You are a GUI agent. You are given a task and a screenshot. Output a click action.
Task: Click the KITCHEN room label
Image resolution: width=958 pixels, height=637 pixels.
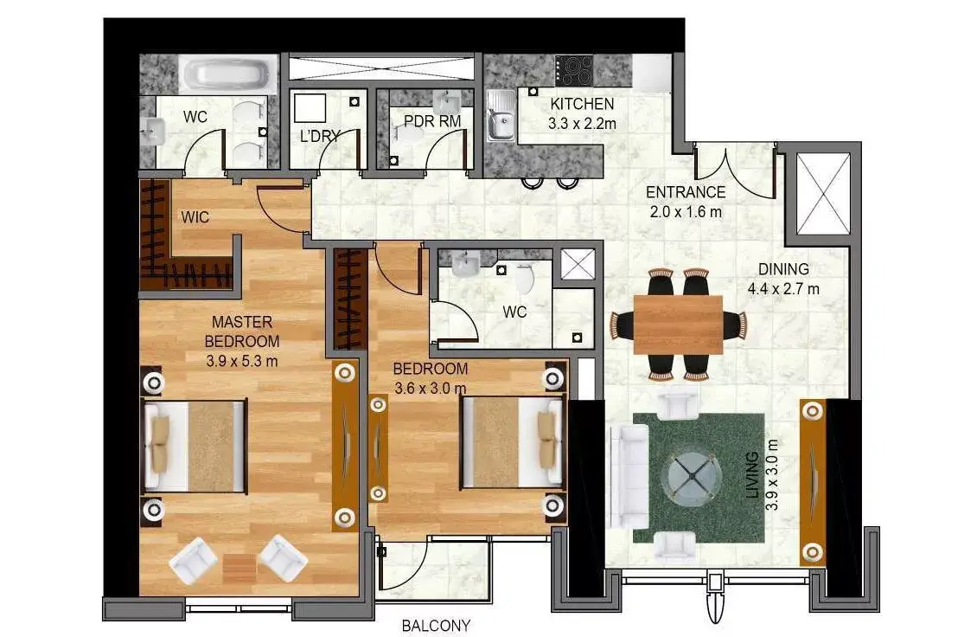(582, 103)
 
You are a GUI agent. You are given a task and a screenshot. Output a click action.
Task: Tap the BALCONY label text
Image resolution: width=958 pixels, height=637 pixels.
(437, 626)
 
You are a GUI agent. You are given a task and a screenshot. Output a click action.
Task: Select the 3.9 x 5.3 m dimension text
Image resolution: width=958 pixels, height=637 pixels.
(242, 361)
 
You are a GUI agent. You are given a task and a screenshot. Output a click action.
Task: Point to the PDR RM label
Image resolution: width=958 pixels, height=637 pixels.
(432, 121)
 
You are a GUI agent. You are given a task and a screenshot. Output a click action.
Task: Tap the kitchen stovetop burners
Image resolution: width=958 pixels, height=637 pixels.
(574, 70)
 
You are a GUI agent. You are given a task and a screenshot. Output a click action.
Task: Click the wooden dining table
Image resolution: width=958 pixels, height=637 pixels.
(678, 325)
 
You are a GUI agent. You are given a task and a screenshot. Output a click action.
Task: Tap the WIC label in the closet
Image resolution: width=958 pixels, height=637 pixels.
(195, 217)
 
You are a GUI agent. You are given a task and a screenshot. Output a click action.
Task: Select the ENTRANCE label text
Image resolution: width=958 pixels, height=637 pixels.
(686, 192)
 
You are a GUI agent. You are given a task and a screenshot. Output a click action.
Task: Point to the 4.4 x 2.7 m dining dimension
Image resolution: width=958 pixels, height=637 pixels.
(783, 288)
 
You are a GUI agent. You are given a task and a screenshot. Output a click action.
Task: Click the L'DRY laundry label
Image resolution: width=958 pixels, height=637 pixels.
(320, 137)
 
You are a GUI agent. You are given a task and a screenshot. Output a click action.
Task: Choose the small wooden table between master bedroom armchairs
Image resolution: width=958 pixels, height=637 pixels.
(239, 569)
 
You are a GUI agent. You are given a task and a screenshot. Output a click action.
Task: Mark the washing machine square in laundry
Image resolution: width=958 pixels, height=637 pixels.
(310, 108)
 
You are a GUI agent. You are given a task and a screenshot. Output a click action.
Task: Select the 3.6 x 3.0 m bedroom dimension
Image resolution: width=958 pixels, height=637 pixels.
(430, 388)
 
